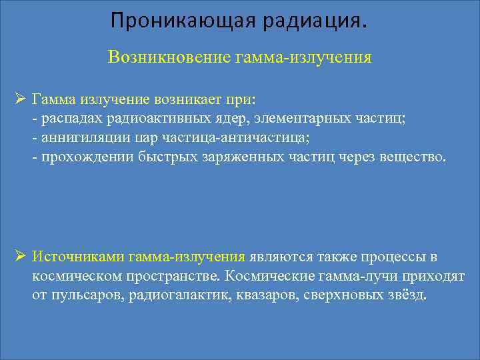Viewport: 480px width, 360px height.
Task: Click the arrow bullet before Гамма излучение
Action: pos(20,99)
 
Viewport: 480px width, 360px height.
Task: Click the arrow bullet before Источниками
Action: pos(20,257)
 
